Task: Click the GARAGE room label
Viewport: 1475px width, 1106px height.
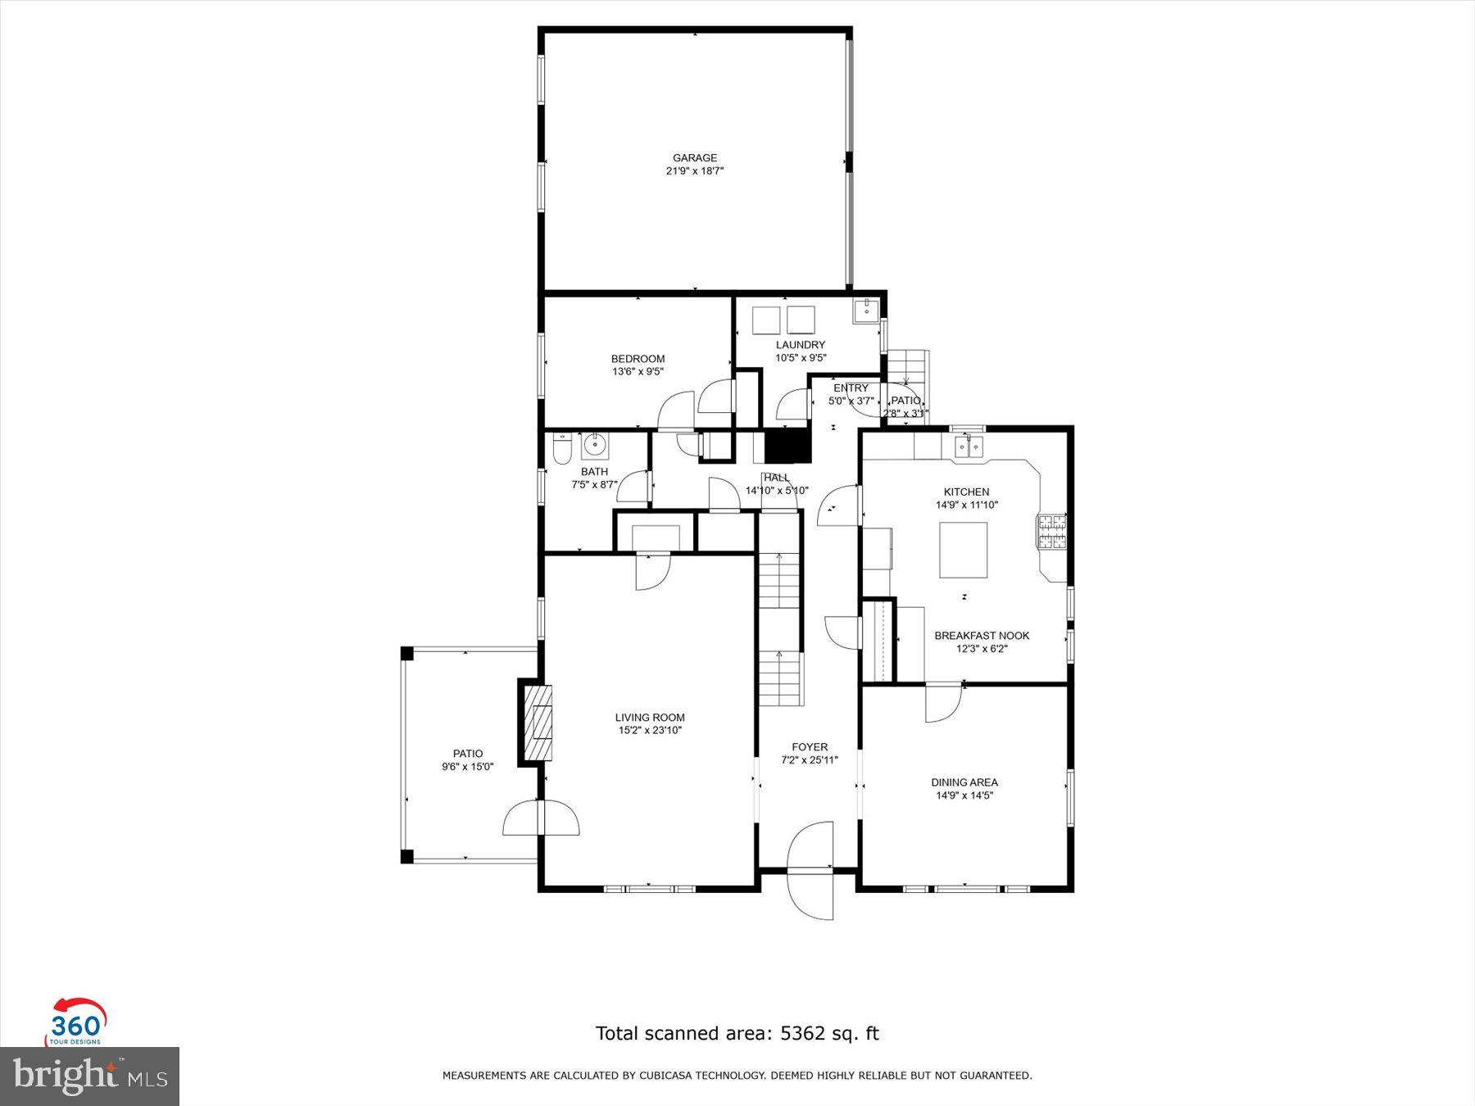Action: point(695,158)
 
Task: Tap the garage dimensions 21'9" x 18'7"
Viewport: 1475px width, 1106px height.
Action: point(695,171)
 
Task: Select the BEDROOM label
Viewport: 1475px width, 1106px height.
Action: point(638,359)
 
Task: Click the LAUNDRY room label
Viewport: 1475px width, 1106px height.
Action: point(801,345)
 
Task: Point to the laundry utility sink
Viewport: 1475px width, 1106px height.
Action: point(866,310)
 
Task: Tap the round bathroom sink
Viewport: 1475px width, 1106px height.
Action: point(594,445)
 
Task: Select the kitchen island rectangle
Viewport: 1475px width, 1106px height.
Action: point(963,550)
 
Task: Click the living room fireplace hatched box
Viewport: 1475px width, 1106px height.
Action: point(540,723)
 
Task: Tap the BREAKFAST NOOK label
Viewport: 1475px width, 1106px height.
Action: point(982,636)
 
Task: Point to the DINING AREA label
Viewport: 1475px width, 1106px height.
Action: point(964,782)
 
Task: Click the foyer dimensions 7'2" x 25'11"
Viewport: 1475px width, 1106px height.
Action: point(810,760)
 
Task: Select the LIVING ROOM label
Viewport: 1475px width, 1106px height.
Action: point(650,718)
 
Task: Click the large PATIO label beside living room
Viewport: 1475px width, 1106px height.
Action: point(468,754)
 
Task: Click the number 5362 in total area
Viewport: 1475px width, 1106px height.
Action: point(801,1033)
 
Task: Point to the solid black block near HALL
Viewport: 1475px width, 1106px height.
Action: point(787,447)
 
